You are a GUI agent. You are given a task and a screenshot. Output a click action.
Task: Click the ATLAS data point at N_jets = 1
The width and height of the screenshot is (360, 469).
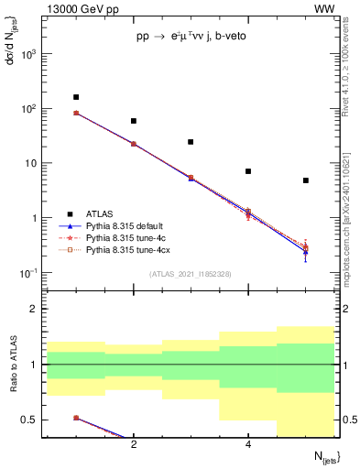[76, 97]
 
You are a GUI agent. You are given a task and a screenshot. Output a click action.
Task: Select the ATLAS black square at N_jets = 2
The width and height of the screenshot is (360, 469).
[134, 121]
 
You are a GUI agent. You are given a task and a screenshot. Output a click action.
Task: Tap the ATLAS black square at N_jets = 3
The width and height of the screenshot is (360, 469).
[191, 142]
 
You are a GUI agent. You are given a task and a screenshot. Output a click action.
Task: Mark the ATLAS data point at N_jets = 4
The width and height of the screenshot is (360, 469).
[248, 171]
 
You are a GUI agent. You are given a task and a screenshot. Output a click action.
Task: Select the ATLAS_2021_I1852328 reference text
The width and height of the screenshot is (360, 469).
[191, 274]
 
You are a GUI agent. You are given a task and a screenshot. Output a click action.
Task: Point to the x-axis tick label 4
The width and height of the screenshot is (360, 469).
[248, 444]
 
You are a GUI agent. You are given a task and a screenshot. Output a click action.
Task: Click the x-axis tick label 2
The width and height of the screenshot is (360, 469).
[134, 444]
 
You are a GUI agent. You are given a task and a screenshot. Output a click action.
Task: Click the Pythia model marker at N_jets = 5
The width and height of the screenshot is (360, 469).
[305, 249]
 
